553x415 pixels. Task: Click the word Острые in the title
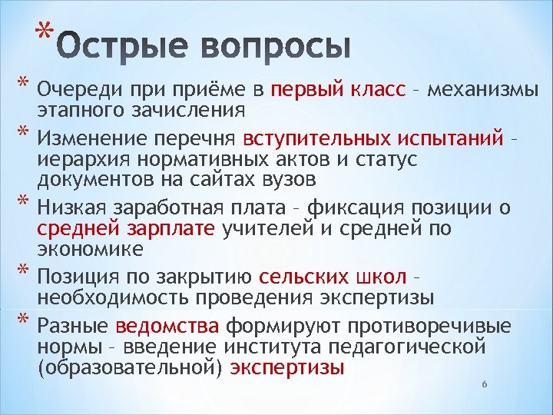(123, 48)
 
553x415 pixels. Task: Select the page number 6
(484, 383)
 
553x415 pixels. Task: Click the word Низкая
(73, 207)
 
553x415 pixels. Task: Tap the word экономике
(84, 247)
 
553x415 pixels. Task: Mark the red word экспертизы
(287, 367)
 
